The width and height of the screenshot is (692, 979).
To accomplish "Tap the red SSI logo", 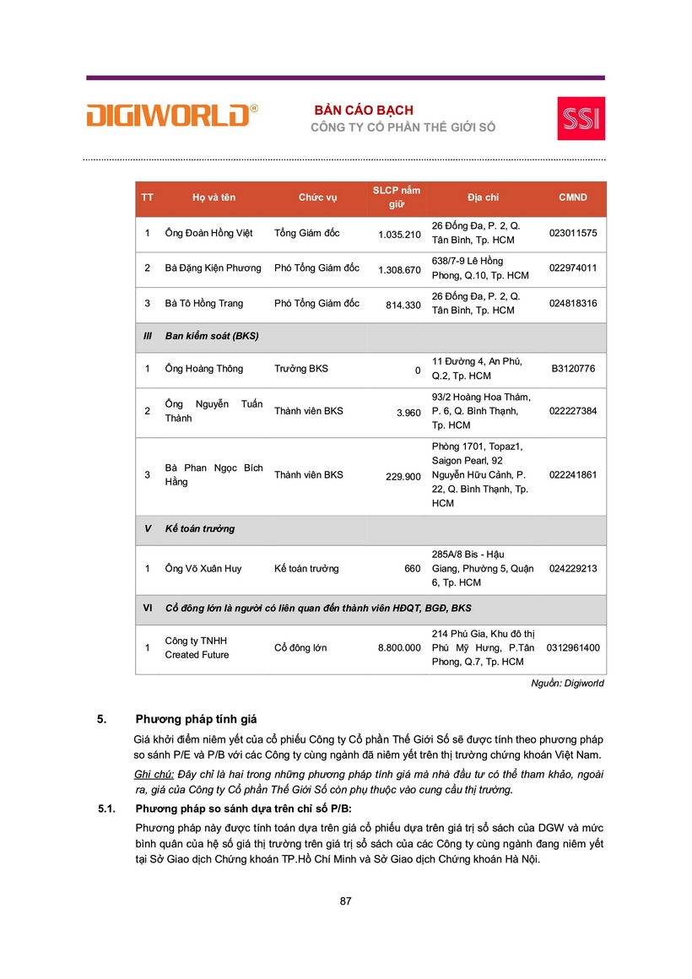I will pyautogui.click(x=581, y=118).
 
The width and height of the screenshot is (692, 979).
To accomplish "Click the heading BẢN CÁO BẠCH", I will pyautogui.click(x=364, y=111).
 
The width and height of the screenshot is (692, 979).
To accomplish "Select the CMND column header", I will pyautogui.click(x=572, y=197).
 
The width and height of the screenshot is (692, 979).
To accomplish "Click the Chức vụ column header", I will pyautogui.click(x=317, y=197).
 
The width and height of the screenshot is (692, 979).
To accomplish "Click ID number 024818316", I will pyautogui.click(x=572, y=303).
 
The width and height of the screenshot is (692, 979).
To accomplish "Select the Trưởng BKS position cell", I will pyautogui.click(x=301, y=369).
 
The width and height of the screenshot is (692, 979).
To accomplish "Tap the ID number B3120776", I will pyautogui.click(x=572, y=369).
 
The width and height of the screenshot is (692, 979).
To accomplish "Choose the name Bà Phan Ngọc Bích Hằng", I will pyautogui.click(x=214, y=475).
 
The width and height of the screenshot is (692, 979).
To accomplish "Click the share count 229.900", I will pyautogui.click(x=403, y=477).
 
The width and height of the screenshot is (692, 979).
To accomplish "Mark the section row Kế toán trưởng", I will pyautogui.click(x=200, y=529).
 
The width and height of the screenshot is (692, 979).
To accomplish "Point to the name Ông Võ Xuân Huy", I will pyautogui.click(x=203, y=569).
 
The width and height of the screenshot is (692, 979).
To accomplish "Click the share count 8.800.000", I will pyautogui.click(x=399, y=648).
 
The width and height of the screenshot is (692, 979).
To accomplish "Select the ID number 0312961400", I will pyautogui.click(x=572, y=648).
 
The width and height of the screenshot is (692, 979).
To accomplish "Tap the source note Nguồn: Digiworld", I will pyautogui.click(x=566, y=684).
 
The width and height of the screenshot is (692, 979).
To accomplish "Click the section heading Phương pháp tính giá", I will pyautogui.click(x=196, y=720).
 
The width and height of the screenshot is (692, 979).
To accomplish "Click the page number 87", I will pyautogui.click(x=345, y=901).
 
